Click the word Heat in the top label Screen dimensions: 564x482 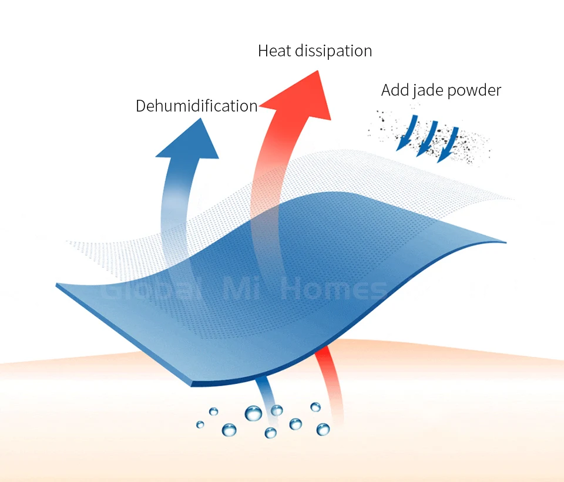[x=274, y=51]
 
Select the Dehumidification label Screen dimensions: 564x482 [x=196, y=106]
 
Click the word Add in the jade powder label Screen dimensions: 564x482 [x=394, y=90]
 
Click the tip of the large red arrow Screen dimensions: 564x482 [x=318, y=72]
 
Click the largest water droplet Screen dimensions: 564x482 [x=254, y=413]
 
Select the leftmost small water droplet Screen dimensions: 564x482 [x=200, y=424]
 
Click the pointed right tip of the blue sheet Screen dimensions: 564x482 [x=504, y=241]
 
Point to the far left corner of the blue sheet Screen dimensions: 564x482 [x=58, y=286]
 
